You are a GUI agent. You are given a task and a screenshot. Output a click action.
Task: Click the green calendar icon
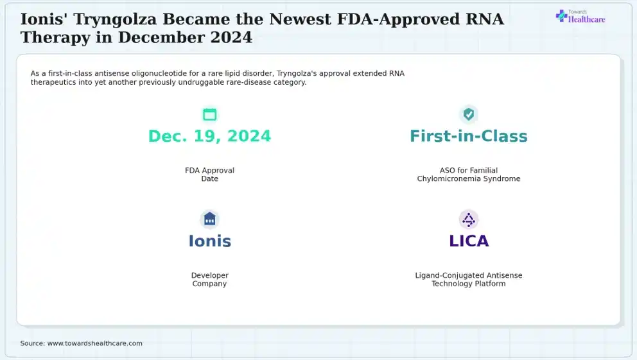[x=209, y=114]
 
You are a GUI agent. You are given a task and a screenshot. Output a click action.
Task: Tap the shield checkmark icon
[x=468, y=114]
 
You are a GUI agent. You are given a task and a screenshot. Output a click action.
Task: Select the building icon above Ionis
[x=209, y=219]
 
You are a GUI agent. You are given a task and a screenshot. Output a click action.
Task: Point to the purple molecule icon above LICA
[x=468, y=219]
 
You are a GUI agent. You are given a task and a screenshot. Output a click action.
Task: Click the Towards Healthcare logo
[x=580, y=16]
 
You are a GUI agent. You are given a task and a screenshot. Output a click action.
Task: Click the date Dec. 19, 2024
[x=209, y=136]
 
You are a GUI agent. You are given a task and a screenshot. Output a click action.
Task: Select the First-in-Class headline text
[x=468, y=136]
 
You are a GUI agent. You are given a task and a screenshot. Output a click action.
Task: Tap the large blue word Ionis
[x=209, y=241]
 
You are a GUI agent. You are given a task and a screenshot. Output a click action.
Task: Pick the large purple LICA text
[x=469, y=241]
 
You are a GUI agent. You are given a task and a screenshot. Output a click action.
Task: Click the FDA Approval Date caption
[x=209, y=175]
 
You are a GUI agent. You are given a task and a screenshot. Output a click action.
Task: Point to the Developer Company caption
[x=209, y=279]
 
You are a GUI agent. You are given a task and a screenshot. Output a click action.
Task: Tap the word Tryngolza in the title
[x=115, y=19]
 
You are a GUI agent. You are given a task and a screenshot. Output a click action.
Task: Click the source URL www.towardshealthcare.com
[x=95, y=343]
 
